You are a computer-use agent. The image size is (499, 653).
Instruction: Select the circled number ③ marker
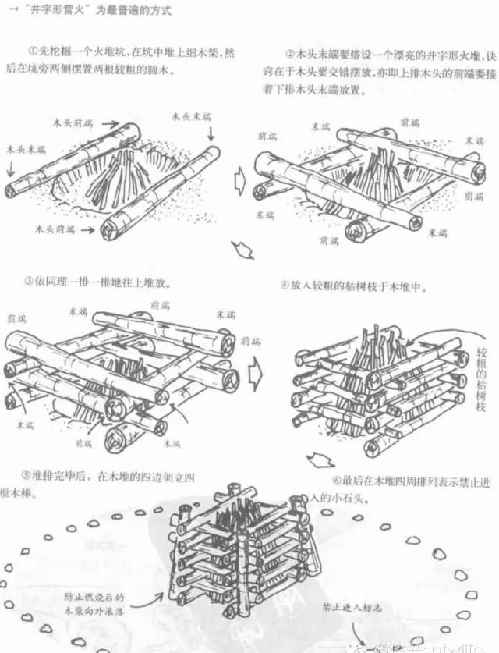(29, 280)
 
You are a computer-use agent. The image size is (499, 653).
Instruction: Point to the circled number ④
(285, 286)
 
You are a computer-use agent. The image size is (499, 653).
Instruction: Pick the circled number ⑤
(29, 474)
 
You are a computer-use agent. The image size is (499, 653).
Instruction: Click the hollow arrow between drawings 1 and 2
(241, 184)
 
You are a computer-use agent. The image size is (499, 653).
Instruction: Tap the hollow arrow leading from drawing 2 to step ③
(244, 251)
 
